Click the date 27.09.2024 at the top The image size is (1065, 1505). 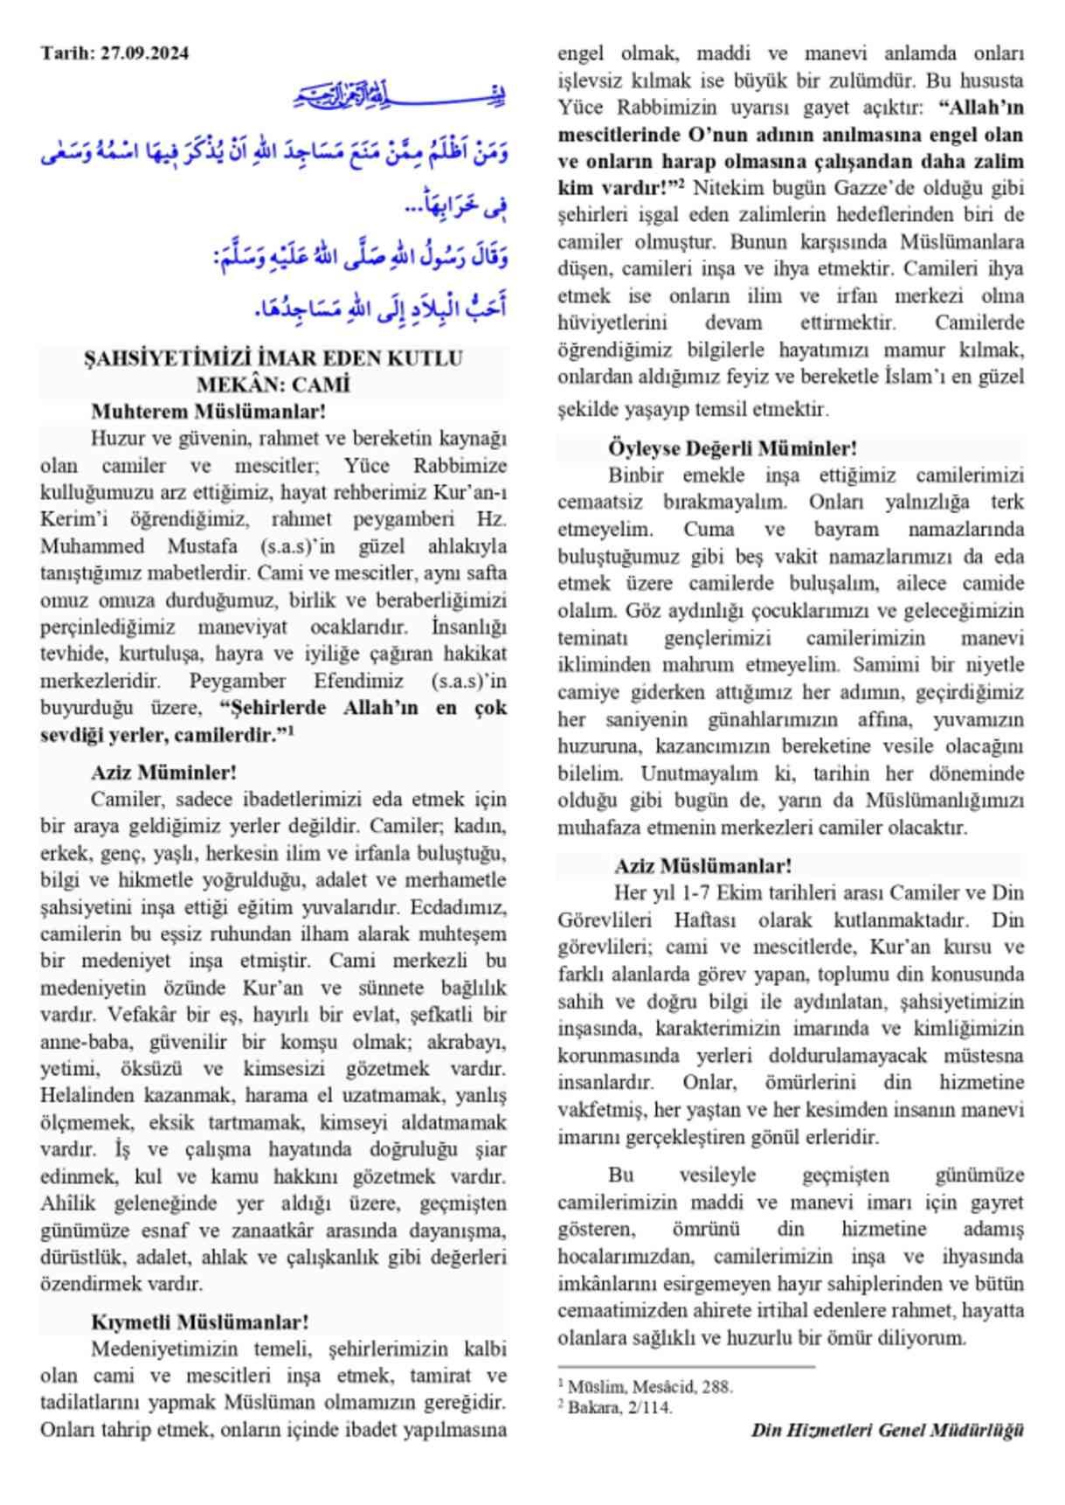[x=144, y=53]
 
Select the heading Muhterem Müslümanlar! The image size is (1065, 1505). [x=208, y=411]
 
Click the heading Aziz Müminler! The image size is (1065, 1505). [x=163, y=773]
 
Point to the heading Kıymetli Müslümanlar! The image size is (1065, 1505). [x=199, y=1321]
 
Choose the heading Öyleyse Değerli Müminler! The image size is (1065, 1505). [x=732, y=448]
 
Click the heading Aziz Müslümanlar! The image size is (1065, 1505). [x=702, y=866]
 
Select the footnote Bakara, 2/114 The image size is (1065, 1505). [x=619, y=1407]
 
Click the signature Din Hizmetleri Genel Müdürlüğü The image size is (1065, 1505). [x=887, y=1431]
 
